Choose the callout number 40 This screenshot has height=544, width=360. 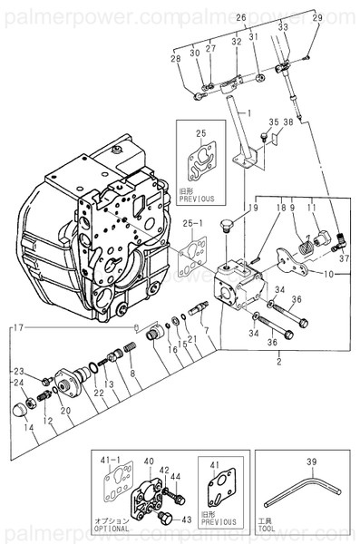pos(149,461)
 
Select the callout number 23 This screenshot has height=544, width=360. pos(19,372)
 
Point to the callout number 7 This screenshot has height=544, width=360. pos(205,329)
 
